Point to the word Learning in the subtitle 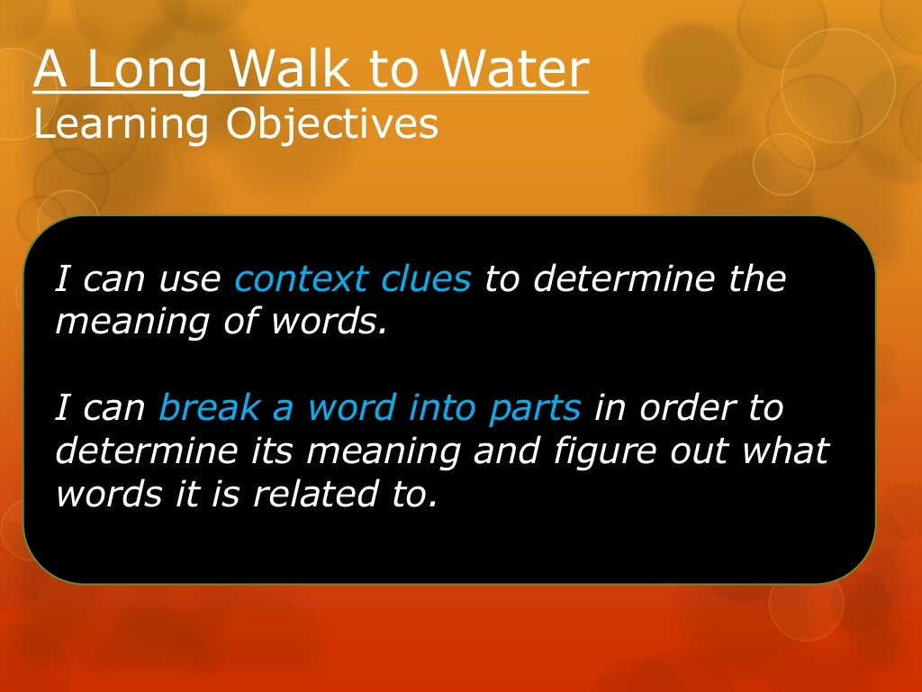point(122,124)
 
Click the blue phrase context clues point(352,279)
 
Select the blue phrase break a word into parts point(369,408)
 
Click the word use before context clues point(189,279)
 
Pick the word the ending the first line point(756,279)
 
